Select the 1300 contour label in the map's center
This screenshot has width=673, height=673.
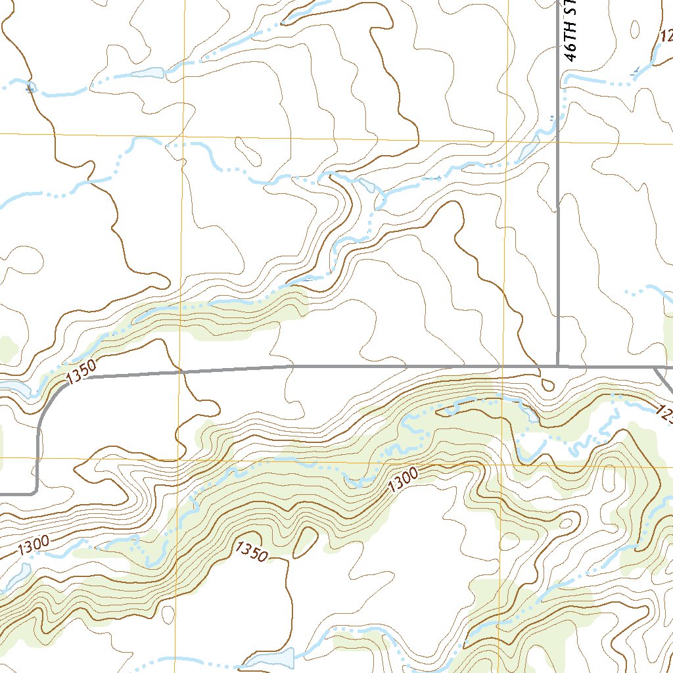(x=403, y=482)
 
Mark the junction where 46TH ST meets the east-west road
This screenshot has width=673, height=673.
(x=557, y=366)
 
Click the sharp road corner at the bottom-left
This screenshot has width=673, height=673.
(x=35, y=492)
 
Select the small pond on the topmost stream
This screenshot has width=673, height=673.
(x=148, y=72)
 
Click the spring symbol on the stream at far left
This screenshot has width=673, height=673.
(x=30, y=86)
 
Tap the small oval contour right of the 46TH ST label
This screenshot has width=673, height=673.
(x=635, y=29)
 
